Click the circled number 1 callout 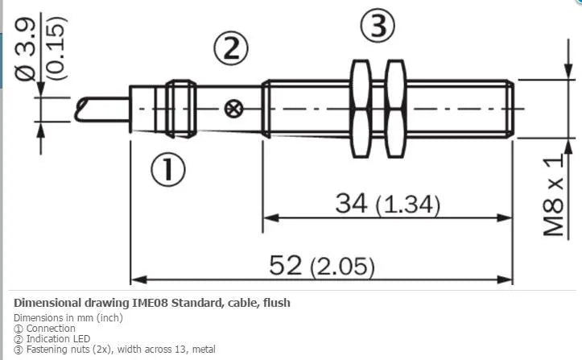pos(167,170)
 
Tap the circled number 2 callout pos(231,48)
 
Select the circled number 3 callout pos(378,26)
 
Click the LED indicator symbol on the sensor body pos(233,110)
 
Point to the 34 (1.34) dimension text pos(387,204)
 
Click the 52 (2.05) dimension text pos(322,266)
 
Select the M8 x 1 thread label pos(553,195)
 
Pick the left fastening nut pos(361,109)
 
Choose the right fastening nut pos(395,109)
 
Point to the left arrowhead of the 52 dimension pos(138,279)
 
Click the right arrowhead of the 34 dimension pos(504,217)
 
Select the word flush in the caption pos(277,303)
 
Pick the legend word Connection pos(51,329)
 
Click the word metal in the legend pos(204,350)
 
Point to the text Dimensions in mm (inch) pos(68,318)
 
